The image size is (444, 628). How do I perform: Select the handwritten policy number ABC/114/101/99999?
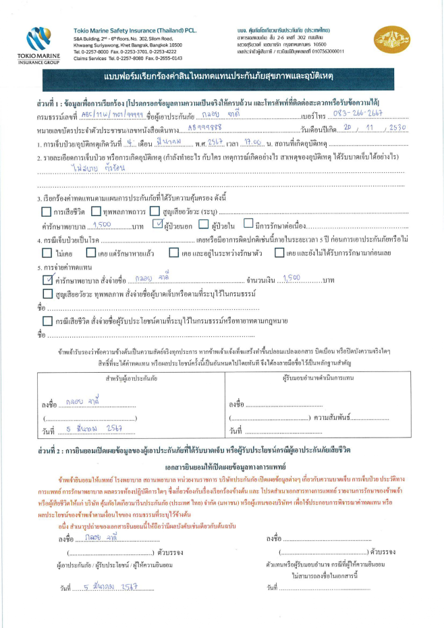(x=126, y=114)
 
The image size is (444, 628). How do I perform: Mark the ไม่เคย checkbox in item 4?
(x=46, y=253)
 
